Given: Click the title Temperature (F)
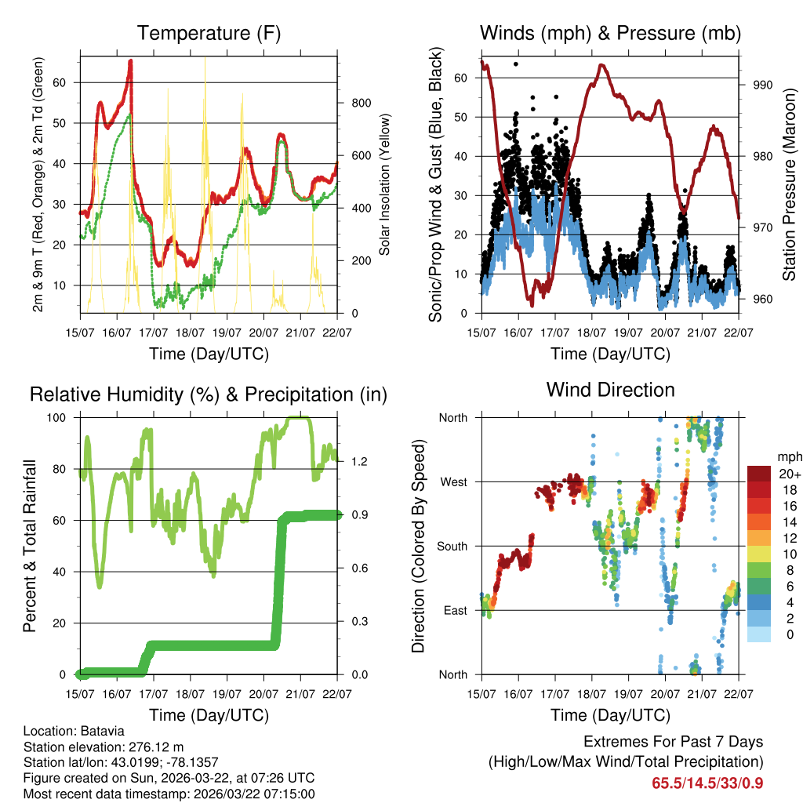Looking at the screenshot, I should [209, 34].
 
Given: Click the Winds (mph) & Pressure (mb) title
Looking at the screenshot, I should [610, 34].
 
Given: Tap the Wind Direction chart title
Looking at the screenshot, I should [610, 390].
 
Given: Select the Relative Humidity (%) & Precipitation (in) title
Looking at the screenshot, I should [209, 394].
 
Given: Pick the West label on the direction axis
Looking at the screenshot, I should [453, 481].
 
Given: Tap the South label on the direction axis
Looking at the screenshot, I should [452, 546].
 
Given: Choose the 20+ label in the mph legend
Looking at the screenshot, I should [790, 473].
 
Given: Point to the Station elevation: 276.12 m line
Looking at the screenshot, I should [104, 747].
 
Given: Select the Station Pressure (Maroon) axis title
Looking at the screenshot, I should [790, 184].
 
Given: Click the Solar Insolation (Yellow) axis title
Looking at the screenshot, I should [385, 184].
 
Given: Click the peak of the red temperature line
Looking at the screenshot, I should [130, 60].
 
